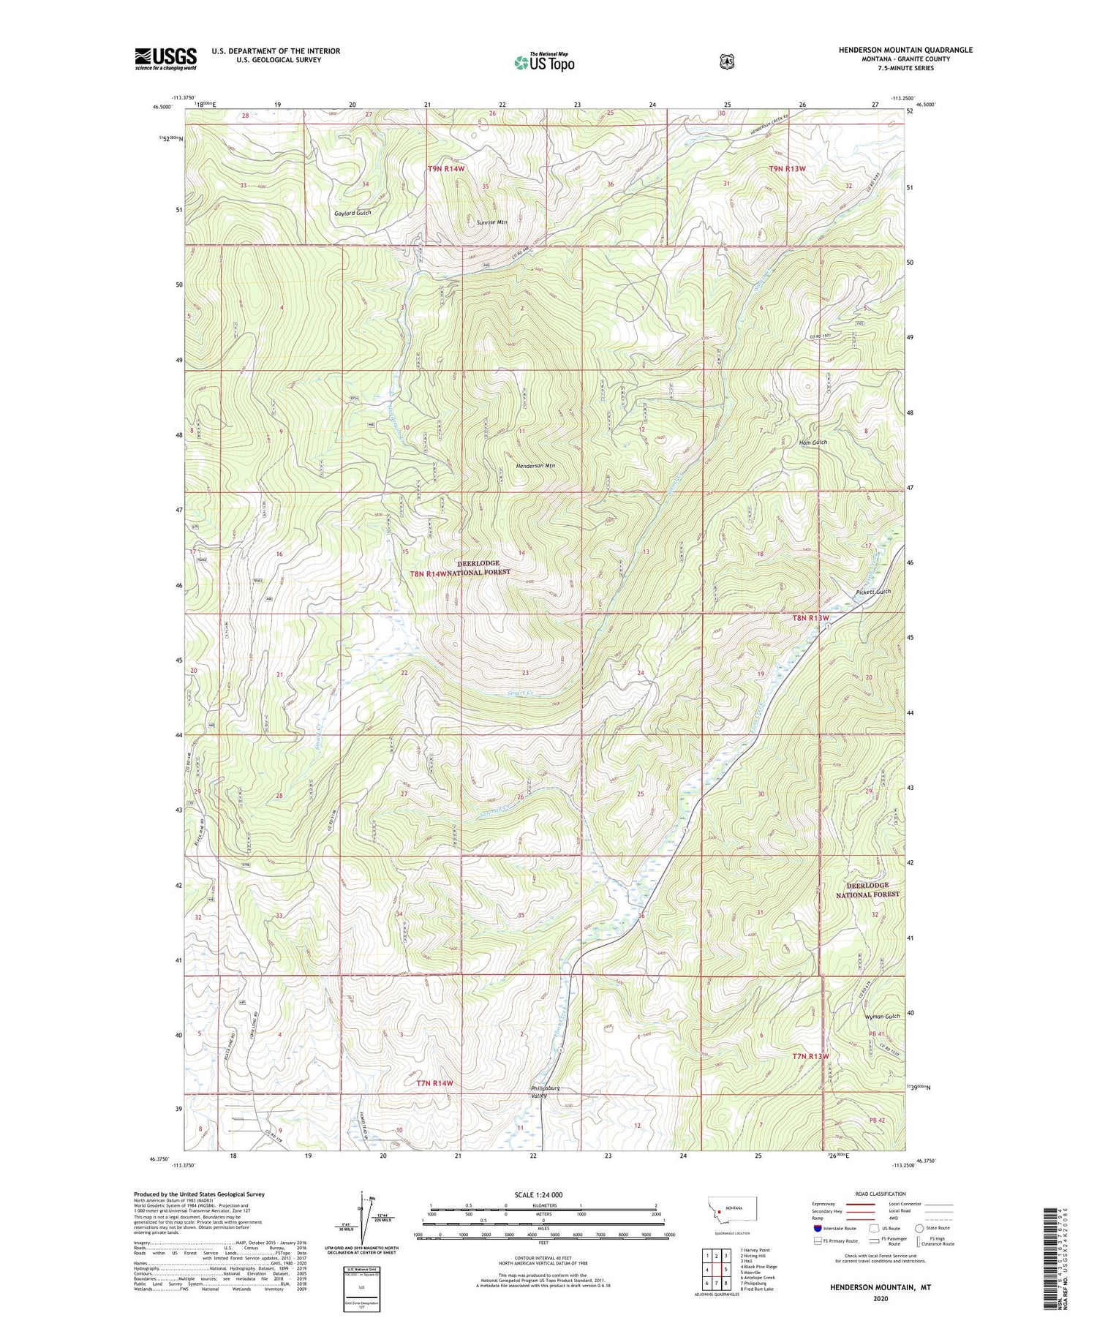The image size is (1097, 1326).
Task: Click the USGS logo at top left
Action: pyautogui.click(x=165, y=59)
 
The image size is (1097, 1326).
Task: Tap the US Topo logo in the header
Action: pyautogui.click(x=544, y=62)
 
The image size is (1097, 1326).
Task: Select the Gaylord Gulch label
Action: pyautogui.click(x=353, y=213)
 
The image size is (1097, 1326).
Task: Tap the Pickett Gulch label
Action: pyautogui.click(x=872, y=591)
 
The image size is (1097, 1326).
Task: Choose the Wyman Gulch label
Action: pyautogui.click(x=882, y=1017)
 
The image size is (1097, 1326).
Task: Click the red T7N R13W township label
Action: pyautogui.click(x=810, y=1056)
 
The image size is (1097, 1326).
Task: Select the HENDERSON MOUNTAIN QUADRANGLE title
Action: pyautogui.click(x=905, y=50)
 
